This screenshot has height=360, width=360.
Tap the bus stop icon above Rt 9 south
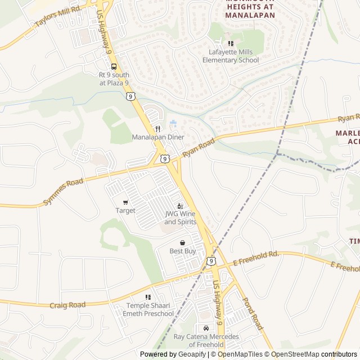tap(114, 66)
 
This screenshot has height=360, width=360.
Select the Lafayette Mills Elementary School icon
tap(231, 43)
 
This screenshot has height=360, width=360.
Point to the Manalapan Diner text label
tap(158, 137)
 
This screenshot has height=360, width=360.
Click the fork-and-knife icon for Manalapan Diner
tap(158, 129)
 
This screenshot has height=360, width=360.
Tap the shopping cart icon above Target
tap(125, 202)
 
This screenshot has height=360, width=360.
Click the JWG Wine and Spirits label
tap(181, 218)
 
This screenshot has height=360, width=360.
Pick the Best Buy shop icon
tap(182, 242)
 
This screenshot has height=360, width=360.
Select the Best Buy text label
tap(182, 251)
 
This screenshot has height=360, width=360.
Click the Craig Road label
tap(67, 305)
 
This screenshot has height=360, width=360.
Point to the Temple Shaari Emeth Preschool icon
tap(148, 297)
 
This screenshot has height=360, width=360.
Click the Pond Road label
tap(253, 314)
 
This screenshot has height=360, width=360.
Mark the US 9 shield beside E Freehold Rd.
tap(210, 261)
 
